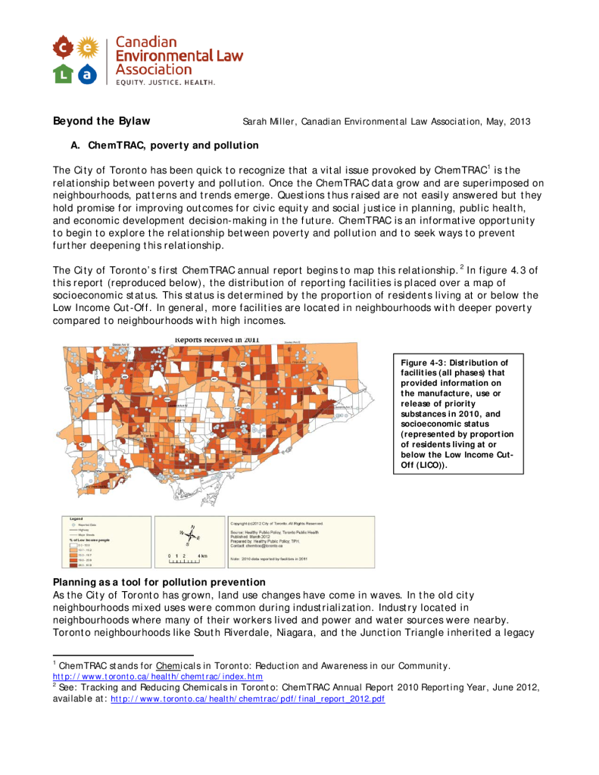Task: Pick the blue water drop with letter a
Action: (89, 73)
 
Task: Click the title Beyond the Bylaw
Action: (101, 121)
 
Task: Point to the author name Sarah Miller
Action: (267, 122)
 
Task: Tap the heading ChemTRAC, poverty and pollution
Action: (173, 145)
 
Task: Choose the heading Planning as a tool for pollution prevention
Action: (159, 582)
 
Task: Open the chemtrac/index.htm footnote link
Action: (158, 676)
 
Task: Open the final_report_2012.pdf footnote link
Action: (248, 699)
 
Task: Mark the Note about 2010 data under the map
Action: (268, 559)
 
